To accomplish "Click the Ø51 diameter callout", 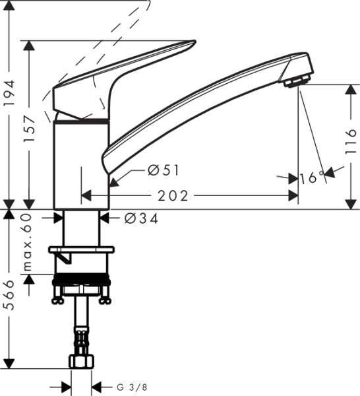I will [164, 171].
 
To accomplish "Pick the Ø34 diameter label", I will [140, 218].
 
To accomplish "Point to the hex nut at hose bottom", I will [81, 361].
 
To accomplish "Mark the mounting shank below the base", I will [82, 228].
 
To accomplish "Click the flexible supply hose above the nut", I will [81, 330].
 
